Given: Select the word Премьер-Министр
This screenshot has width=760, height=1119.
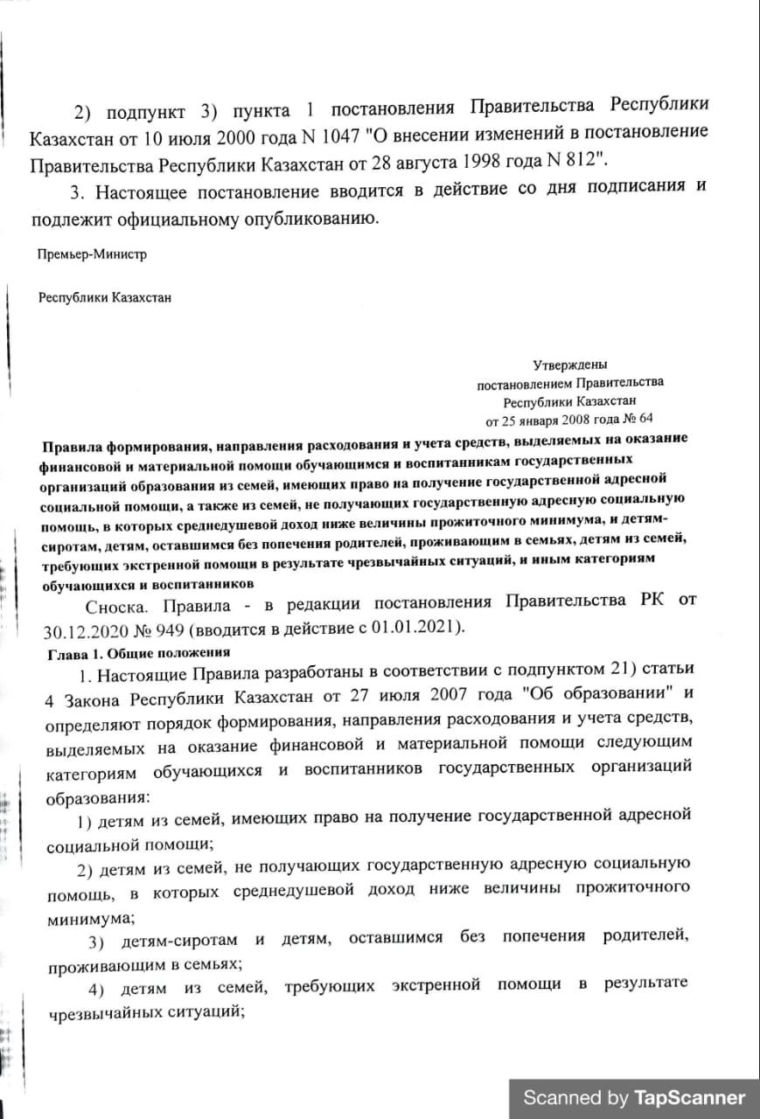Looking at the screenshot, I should [92, 255].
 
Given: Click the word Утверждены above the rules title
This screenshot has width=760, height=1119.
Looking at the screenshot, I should [569, 365].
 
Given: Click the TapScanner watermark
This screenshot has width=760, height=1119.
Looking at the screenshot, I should [634, 1098].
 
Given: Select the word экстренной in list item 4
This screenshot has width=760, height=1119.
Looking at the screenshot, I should [434, 985].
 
